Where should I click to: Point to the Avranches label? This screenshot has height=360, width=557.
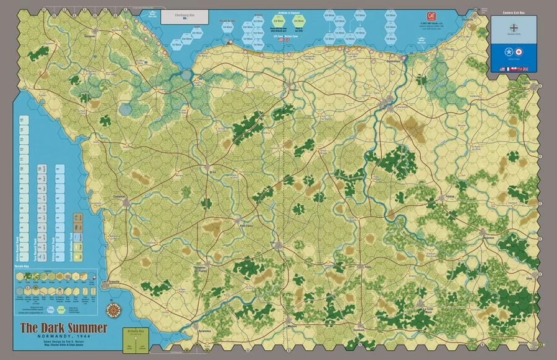206,332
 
